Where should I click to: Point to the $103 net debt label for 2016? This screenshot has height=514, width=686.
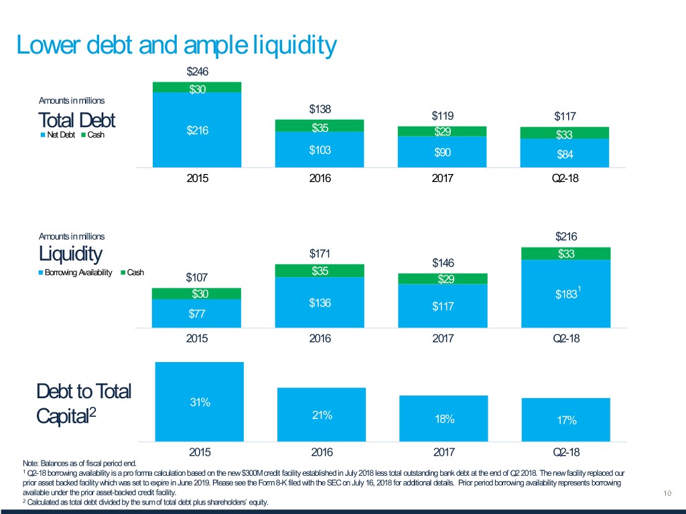320,149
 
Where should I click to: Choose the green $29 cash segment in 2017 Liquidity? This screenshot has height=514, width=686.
442,279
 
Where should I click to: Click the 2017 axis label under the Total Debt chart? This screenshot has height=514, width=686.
442,179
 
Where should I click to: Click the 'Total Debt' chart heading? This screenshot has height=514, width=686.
76,121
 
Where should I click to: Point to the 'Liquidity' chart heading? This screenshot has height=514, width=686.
70,254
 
